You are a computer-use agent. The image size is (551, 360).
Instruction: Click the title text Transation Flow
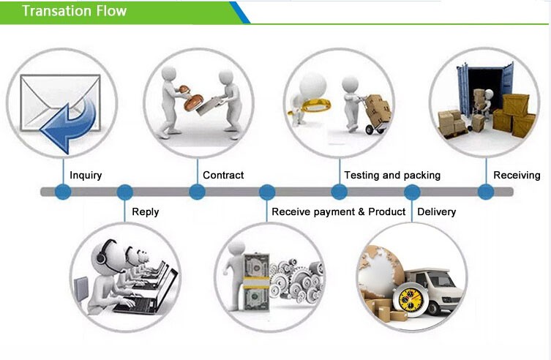click(x=73, y=11)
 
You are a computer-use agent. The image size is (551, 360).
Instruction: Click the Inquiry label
click(x=86, y=176)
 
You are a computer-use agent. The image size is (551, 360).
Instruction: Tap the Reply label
click(x=145, y=212)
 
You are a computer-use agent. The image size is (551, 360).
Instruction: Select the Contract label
click(x=223, y=176)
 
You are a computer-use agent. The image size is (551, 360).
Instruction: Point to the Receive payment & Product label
click(x=338, y=212)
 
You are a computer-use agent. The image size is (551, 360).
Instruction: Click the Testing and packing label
click(x=392, y=176)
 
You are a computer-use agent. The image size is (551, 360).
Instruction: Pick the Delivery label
click(x=436, y=212)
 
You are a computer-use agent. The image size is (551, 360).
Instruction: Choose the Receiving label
click(x=517, y=176)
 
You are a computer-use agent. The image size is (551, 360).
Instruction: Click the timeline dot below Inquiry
click(x=63, y=192)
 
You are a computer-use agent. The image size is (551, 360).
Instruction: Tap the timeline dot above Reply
click(x=125, y=192)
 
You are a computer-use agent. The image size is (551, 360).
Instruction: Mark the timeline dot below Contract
click(x=197, y=192)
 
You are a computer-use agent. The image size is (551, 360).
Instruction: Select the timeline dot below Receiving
click(x=486, y=192)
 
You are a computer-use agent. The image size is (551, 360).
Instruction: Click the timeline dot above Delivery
click(x=412, y=192)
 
